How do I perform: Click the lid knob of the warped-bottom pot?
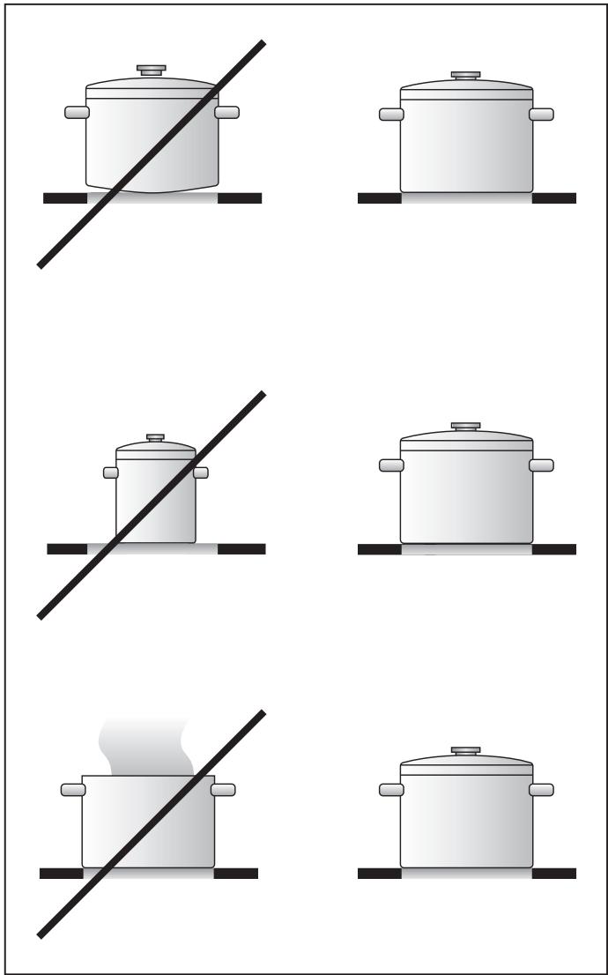pos(152,69)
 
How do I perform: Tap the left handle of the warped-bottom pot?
pos(77,112)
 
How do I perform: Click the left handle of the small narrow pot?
pos(110,473)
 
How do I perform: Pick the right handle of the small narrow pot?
pos(202,473)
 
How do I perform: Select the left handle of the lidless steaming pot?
pos(72,789)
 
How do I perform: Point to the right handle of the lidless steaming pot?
pos(224,789)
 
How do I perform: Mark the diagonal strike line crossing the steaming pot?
pos(88,899)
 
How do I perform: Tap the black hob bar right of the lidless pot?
pos(236,874)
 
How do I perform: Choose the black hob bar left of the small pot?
pos(67,549)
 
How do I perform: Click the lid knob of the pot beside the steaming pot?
pos(466,751)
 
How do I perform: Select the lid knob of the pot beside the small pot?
pos(466,428)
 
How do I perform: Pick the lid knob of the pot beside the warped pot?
pos(466,77)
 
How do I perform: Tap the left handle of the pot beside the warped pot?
pos(391,115)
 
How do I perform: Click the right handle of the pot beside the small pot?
pos(541,465)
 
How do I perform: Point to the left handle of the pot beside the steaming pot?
pos(391,789)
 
